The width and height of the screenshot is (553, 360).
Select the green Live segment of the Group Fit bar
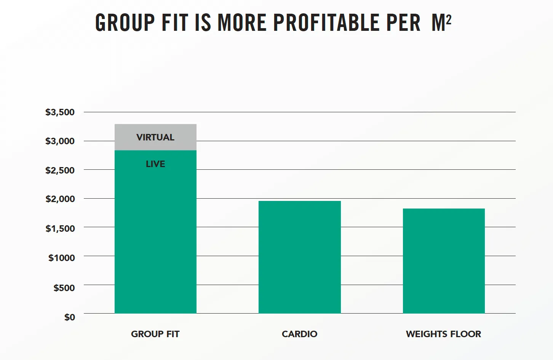pyautogui.click(x=155, y=236)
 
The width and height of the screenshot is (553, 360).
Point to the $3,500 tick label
pyautogui.click(x=60, y=112)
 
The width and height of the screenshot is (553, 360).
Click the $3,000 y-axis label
pyautogui.click(x=60, y=141)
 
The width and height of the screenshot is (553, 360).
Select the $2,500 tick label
pyautogui.click(x=60, y=170)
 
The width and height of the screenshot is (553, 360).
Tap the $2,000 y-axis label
pyautogui.click(x=60, y=199)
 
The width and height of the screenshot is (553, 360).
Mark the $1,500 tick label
pyautogui.click(x=60, y=228)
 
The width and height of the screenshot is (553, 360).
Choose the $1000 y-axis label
pyautogui.click(x=61, y=258)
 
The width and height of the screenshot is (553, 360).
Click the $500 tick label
pyautogui.click(x=64, y=288)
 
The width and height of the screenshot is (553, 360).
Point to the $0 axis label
pyautogui.click(x=70, y=317)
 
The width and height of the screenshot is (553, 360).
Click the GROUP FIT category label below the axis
pyautogui.click(x=155, y=334)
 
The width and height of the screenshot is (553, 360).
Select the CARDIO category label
pyautogui.click(x=299, y=334)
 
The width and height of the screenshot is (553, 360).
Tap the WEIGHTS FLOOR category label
pyautogui.click(x=443, y=334)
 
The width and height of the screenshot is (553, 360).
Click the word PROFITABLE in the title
pyautogui.click(x=326, y=23)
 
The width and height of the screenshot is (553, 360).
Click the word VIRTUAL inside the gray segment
pyautogui.click(x=155, y=137)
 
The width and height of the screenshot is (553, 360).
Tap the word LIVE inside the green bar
pyautogui.click(x=155, y=164)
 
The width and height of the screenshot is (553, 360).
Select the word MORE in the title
pyautogui.click(x=242, y=23)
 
